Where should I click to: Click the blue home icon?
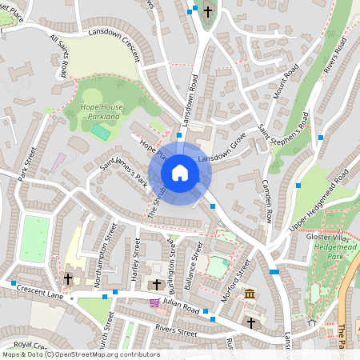tap(180, 172)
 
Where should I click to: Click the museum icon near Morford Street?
tap(250, 295)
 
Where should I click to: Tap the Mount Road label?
tap(284, 81)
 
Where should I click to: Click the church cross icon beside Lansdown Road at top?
tap(209, 11)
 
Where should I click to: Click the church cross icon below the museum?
tap(251, 322)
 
